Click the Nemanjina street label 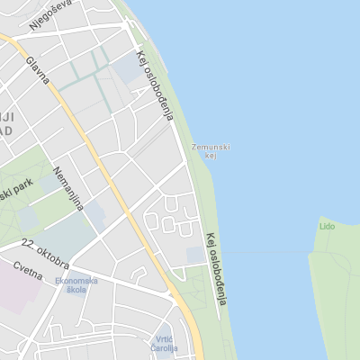[x=67, y=188]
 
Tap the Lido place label [x=326, y=226]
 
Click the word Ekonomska [x=76, y=280]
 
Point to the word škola [x=76, y=290]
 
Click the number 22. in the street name [x=31, y=244]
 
